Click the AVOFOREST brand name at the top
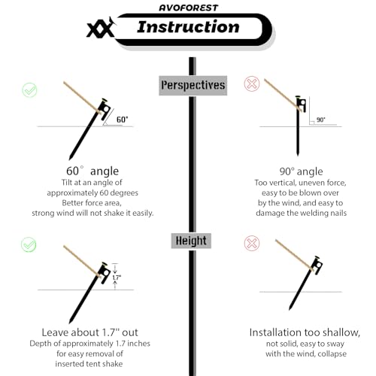tap(189, 8)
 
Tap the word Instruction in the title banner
tap(188, 27)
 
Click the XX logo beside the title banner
tap(101, 28)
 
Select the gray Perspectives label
tap(193, 85)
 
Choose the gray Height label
tap(191, 241)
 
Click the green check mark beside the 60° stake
tap(29, 90)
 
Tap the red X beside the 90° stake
tap(252, 83)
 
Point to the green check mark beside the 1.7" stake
tap(29, 244)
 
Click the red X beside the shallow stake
tap(252, 243)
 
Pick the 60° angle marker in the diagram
tap(122, 120)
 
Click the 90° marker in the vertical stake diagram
tap(320, 120)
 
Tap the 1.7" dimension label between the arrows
tap(117, 277)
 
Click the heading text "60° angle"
tap(92, 171)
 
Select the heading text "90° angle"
tap(301, 171)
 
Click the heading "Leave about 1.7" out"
tap(89, 332)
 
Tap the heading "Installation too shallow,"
tap(305, 332)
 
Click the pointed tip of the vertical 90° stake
tap(298, 156)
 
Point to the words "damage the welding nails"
tap(301, 213)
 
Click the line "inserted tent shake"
tap(89, 364)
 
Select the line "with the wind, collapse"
tap(306, 353)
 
